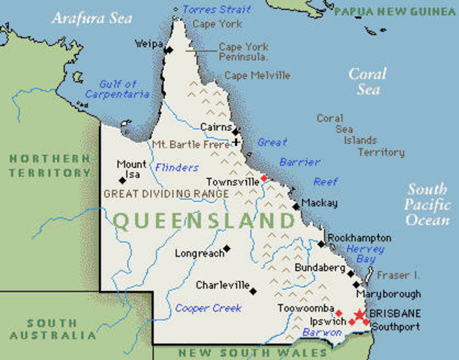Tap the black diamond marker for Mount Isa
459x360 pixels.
122,180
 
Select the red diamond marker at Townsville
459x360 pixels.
263,178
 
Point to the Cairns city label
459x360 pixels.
214,127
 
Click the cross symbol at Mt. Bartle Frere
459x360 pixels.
236,141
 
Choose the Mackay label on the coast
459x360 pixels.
319,203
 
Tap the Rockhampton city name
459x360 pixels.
360,236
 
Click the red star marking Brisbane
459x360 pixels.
361,316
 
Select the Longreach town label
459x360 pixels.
199,253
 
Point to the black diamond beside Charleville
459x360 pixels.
253,290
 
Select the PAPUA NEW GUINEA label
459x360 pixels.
395,11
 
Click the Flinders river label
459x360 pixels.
177,168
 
